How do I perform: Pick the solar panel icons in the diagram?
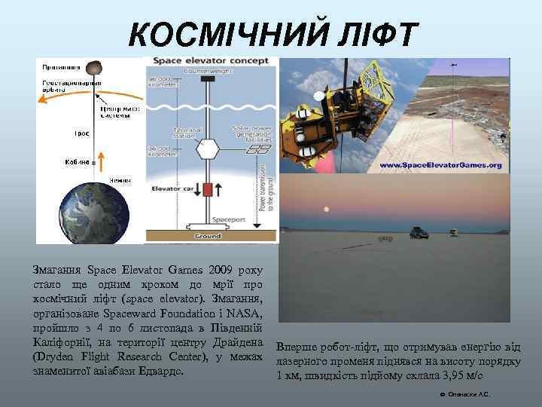point(259,148)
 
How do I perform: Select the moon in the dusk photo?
point(326,209)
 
